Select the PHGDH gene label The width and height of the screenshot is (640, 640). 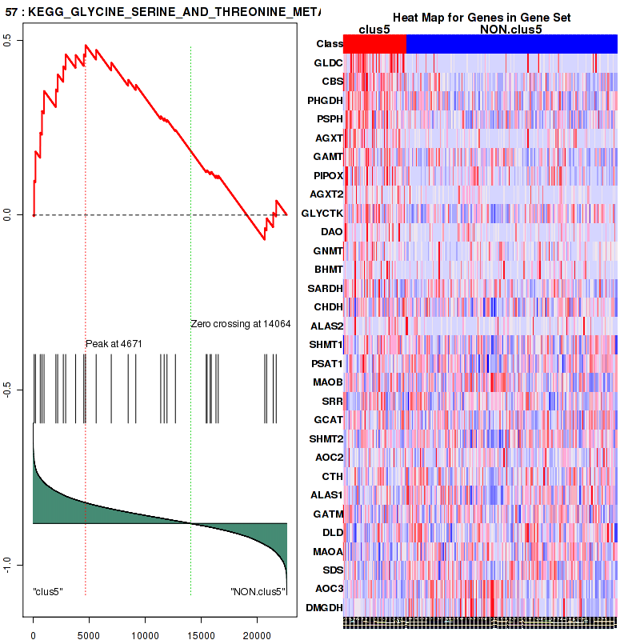(x=325, y=100)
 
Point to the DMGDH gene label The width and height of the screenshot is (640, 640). (x=325, y=608)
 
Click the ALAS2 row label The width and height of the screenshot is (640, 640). (x=326, y=326)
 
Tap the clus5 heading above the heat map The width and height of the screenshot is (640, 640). (x=374, y=30)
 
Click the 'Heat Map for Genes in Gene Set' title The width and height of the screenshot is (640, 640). (x=482, y=18)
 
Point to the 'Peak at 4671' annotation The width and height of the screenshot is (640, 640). (x=114, y=343)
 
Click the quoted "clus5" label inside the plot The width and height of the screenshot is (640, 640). (x=48, y=591)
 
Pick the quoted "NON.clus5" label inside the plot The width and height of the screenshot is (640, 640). (x=258, y=591)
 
